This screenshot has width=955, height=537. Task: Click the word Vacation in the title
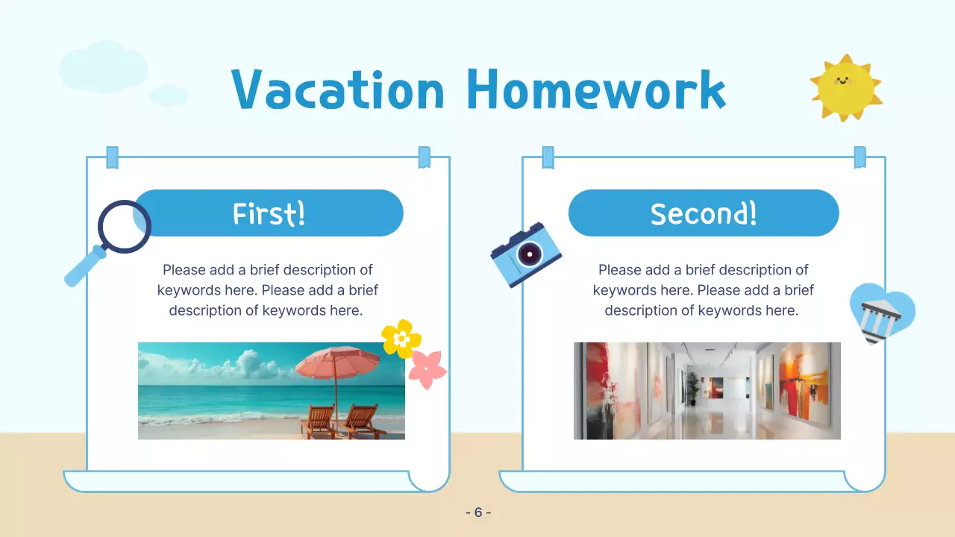(338, 89)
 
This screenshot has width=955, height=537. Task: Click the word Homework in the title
(596, 89)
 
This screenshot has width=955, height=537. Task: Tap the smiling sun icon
(845, 87)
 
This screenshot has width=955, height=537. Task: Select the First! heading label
(269, 213)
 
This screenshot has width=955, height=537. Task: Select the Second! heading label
(704, 213)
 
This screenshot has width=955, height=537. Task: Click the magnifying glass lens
(125, 226)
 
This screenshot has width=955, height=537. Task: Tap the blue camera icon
(526, 254)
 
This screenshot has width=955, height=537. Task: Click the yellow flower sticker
(401, 339)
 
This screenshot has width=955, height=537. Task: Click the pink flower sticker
(428, 369)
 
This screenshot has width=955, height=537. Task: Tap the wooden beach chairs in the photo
(339, 421)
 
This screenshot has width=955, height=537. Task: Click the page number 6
(478, 512)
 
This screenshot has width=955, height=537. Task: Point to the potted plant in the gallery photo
(693, 388)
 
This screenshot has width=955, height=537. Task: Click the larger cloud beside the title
(104, 67)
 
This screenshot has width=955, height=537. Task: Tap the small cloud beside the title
(169, 95)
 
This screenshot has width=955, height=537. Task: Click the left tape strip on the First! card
(113, 157)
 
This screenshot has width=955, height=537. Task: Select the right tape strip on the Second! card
(859, 157)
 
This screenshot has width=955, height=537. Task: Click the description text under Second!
(703, 290)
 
